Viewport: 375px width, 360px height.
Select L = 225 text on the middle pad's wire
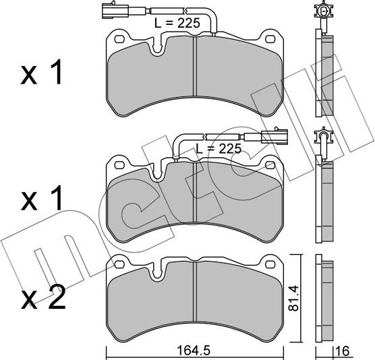click(x=218, y=148)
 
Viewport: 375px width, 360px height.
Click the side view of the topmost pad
click(x=325, y=74)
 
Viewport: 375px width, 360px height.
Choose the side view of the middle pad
click(x=325, y=202)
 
